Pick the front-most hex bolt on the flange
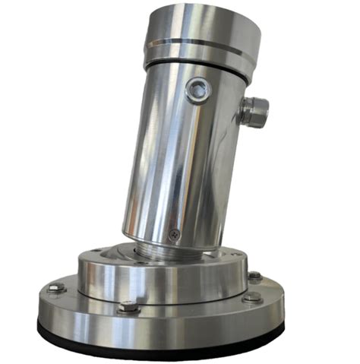129,308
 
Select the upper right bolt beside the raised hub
254,276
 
